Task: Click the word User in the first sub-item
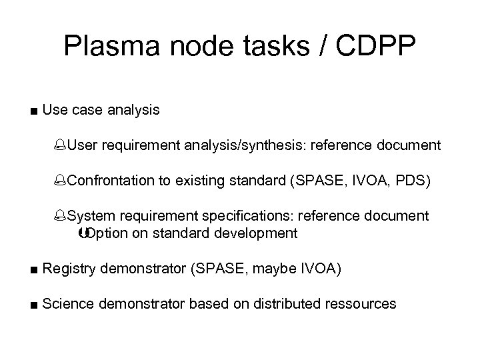82,145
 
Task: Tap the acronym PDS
416,181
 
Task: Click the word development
255,233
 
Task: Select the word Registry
67,269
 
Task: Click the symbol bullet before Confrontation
62,181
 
